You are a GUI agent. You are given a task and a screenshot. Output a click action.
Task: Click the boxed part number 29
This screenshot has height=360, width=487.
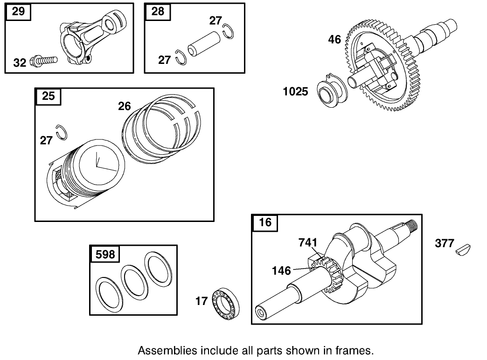tap(18, 12)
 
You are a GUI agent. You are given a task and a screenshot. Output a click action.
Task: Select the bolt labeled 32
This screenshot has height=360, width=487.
tap(44, 61)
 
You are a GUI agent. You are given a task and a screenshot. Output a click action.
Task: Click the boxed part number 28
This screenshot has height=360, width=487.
tap(158, 12)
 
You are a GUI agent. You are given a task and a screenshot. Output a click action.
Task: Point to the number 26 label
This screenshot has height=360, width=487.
tap(125, 106)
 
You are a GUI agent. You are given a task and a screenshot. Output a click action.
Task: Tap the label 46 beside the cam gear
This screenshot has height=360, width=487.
tap(334, 40)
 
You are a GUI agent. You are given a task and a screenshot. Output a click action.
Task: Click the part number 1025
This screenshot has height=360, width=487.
tap(296, 91)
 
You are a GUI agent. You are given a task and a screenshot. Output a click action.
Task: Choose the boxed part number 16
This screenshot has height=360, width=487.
tap(265, 222)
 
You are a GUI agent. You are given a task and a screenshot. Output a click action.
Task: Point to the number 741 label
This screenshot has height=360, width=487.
tap(308, 242)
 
